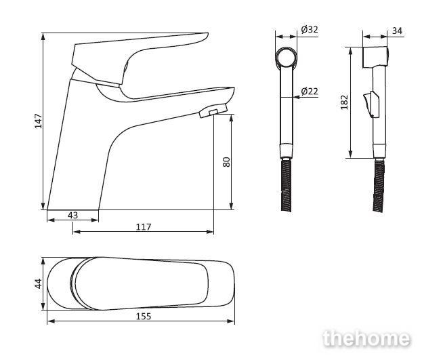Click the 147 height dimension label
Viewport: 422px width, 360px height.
(39, 121)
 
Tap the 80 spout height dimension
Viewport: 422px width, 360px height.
(227, 162)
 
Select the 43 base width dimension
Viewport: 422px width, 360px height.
(72, 215)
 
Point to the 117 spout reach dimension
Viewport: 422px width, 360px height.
(144, 227)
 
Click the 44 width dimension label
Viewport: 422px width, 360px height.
(39, 283)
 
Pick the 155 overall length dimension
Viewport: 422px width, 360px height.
(144, 317)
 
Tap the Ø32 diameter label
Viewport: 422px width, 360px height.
(310, 29)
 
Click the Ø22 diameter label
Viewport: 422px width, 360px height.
(310, 91)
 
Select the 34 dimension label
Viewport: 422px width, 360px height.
(397, 31)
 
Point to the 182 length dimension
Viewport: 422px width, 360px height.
(344, 102)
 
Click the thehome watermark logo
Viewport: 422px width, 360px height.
(366, 338)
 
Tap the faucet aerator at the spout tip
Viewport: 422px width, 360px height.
(213, 111)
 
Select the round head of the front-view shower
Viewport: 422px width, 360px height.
(286, 57)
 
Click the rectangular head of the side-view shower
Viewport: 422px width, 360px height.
(375, 57)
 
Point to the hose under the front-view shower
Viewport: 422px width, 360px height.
(286, 186)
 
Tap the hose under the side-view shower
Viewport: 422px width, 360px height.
(379, 186)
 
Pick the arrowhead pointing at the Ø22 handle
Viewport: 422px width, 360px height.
(297, 97)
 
